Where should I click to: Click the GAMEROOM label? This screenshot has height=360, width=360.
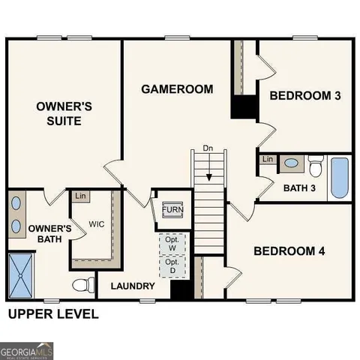coord(177,89)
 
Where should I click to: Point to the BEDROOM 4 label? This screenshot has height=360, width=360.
coord(289,251)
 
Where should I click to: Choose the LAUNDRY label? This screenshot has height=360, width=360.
coord(133,286)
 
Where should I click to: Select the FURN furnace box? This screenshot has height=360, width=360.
coord(172,209)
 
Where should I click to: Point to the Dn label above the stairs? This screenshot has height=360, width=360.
coord(209,149)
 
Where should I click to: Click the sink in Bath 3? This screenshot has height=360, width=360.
coord(290,163)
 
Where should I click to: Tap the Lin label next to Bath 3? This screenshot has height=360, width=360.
coord(267,159)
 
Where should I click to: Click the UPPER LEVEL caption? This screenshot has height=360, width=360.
coord(52,313)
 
